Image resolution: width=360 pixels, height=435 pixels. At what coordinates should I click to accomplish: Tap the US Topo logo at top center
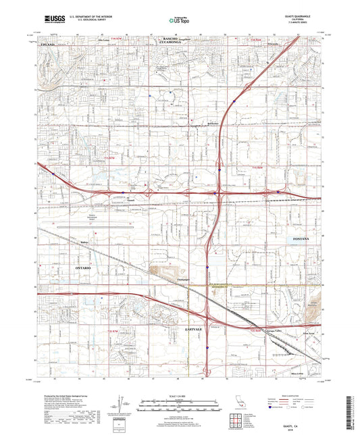(180, 21)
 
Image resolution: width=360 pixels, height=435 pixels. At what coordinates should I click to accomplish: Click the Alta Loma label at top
(105, 40)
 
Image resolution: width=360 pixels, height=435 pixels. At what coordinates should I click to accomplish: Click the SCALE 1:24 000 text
(179, 395)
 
